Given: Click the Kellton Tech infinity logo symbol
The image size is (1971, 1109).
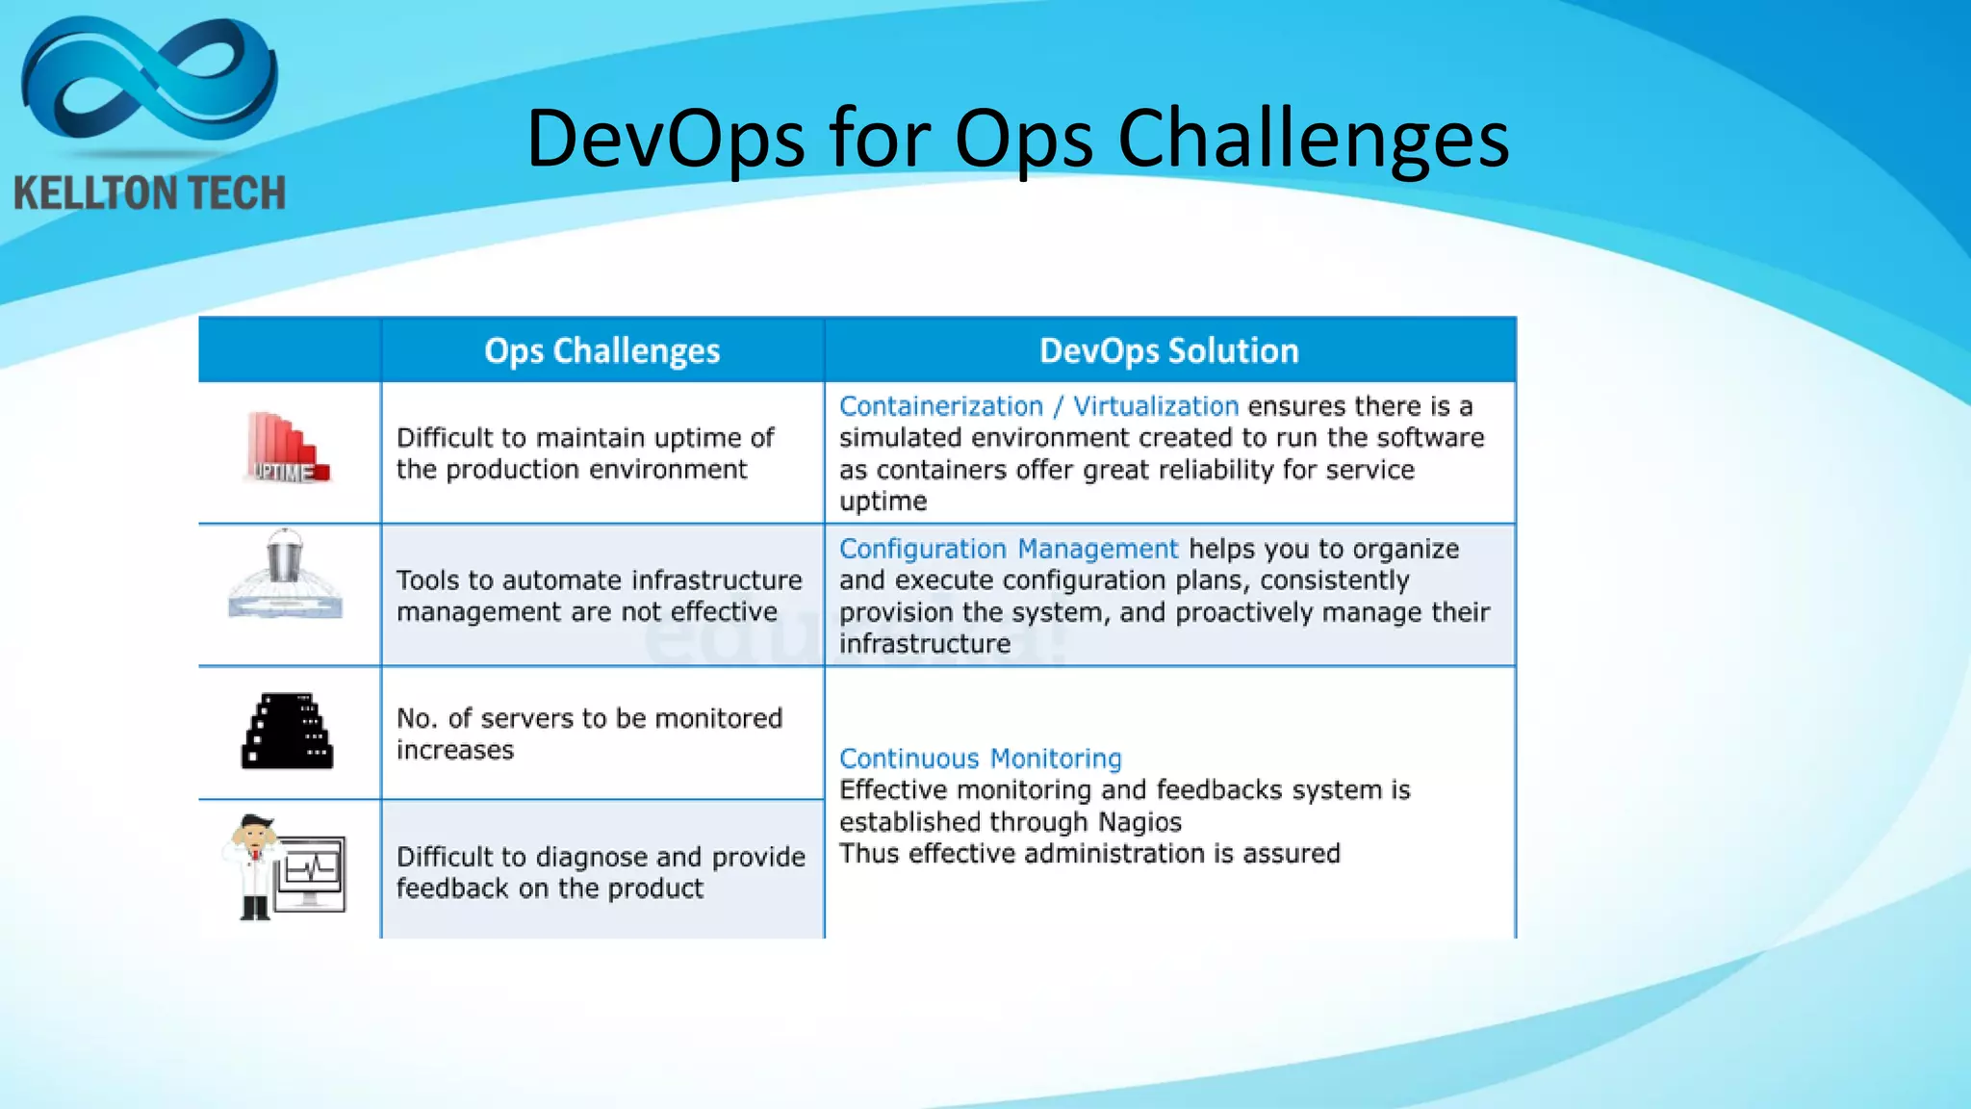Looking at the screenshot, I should coord(149,82).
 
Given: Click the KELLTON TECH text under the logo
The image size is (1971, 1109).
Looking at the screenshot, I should coord(150,193).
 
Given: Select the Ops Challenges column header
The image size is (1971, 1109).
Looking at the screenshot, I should coord(602,350).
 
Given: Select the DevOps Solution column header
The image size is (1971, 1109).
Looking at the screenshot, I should coord(1168,350).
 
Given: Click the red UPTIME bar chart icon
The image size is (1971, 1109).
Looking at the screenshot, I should coord(286,448).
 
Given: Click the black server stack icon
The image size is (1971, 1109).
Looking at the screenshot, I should coord(287,732).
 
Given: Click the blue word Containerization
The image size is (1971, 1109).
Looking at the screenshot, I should coord(940,406).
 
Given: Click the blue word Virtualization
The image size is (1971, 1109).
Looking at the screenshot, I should coord(1155,406).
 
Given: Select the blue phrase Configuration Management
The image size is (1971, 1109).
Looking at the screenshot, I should coord(1008,549).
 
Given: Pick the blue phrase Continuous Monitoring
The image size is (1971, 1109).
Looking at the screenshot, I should coord(980,759).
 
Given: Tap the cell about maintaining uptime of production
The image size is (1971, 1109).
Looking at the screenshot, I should coord(585,453).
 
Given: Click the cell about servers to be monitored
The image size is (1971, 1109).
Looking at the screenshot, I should coord(589,734).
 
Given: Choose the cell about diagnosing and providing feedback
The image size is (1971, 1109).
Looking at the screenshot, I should coord(600,872).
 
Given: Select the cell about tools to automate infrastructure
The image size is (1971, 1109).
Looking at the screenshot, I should coord(599,596).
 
